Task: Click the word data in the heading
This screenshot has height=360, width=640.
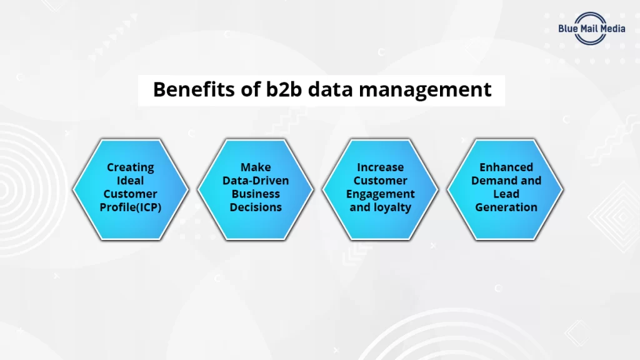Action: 332,89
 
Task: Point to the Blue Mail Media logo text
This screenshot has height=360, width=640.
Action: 591,28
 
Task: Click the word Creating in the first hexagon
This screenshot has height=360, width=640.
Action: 130,167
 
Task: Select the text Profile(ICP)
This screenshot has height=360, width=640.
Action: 130,207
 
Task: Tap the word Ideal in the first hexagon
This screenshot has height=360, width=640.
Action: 130,180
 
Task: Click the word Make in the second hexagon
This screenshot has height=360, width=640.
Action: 256,167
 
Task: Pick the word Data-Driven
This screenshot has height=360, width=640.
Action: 256,181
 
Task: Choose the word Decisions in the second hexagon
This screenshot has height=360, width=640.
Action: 256,207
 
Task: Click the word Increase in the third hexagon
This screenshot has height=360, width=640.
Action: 381,167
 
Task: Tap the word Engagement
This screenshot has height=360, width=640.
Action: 381,194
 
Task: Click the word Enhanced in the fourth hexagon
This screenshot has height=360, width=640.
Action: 506,167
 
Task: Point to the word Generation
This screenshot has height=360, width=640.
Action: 506,207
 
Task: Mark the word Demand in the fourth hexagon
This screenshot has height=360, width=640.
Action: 492,181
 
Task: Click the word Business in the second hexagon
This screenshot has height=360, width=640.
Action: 256,194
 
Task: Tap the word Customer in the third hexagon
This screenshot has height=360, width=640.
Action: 381,181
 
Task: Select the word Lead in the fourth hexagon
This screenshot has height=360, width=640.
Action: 506,194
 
